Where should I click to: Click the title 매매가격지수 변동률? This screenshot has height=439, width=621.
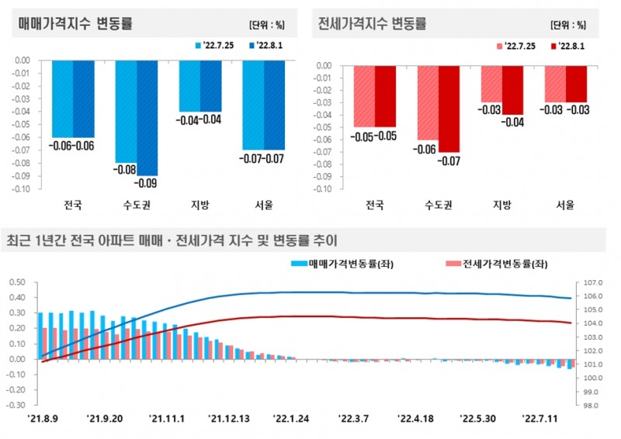coord(75,24)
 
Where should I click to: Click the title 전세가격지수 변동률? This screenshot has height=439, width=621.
coord(373,24)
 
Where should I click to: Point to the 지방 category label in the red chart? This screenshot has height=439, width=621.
coord(501,206)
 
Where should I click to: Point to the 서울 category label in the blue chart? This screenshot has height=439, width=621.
coord(264,206)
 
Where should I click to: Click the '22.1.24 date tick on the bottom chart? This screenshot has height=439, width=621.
coord(293,420)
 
